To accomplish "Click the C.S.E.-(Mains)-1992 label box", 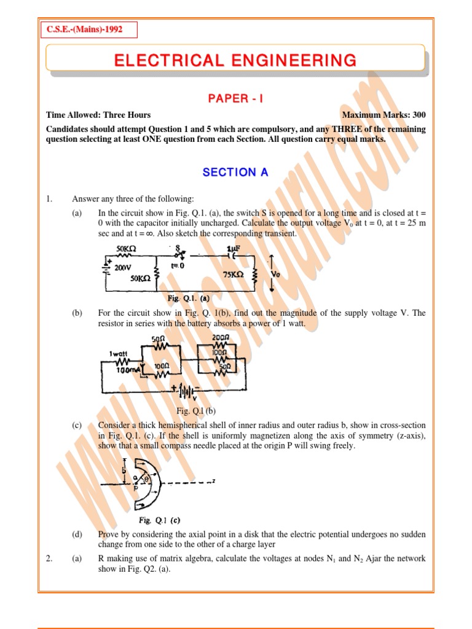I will click(x=88, y=29).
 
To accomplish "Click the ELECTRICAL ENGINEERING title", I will click(x=235, y=60).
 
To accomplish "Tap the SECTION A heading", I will click(x=235, y=173).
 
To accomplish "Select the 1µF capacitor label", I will click(x=234, y=249).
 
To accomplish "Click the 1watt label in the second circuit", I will click(x=118, y=353).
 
